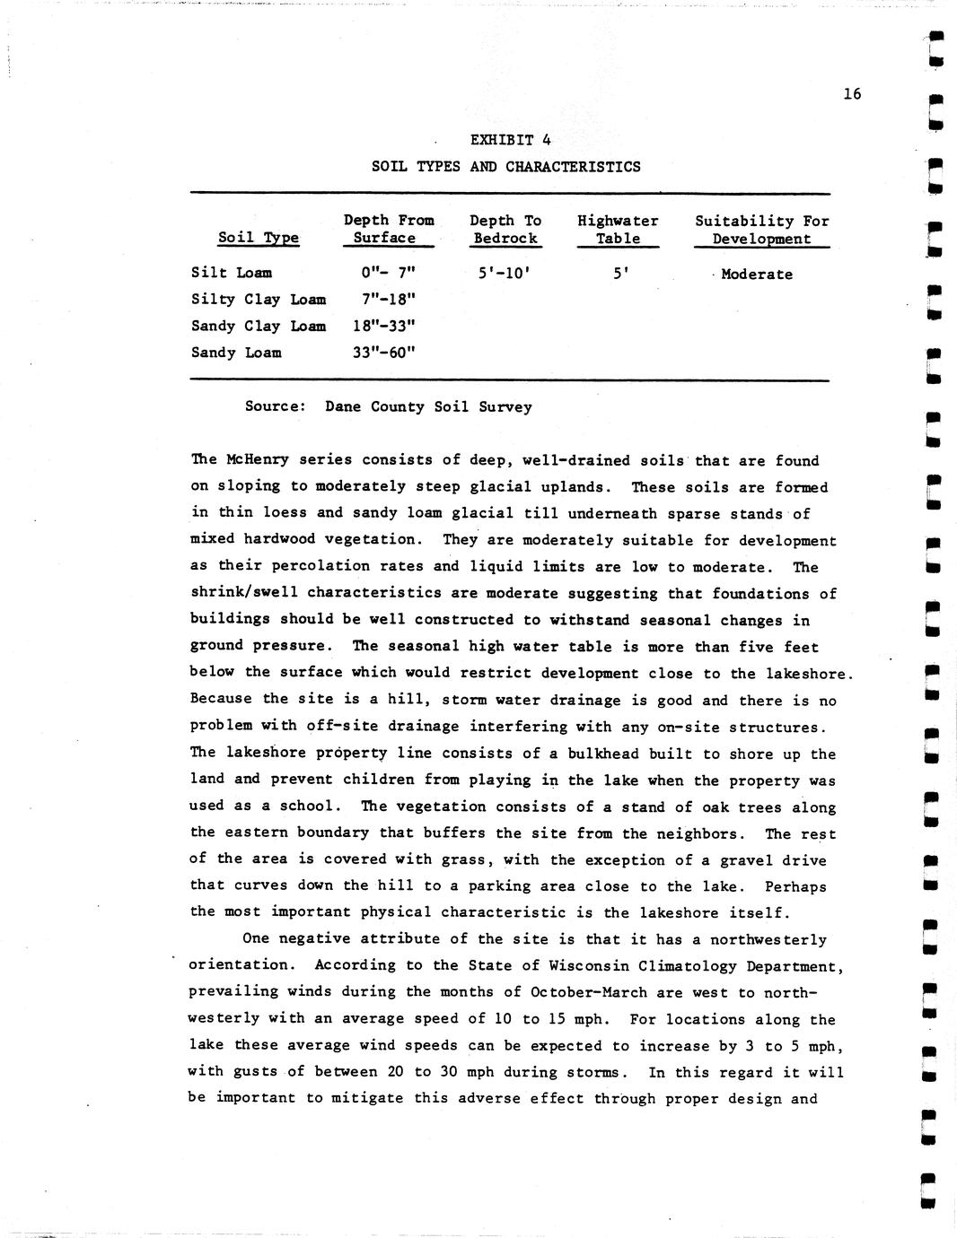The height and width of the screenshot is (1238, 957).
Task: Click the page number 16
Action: pyautogui.click(x=852, y=93)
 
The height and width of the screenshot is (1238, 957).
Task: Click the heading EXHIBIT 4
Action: pyautogui.click(x=510, y=140)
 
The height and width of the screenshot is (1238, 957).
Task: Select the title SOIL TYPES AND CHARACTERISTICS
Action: pyautogui.click(x=505, y=167)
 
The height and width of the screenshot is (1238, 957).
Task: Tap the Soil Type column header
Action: pyautogui.click(x=258, y=238)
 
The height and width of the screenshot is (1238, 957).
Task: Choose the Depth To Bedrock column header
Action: pyautogui.click(x=505, y=230)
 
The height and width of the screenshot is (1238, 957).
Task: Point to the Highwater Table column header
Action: pyautogui.click(x=618, y=230)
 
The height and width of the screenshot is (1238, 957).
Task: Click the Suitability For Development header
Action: pyautogui.click(x=761, y=230)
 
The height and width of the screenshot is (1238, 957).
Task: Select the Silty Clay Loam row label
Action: pyautogui.click(x=258, y=300)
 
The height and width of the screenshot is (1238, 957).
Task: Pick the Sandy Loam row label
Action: pyautogui.click(x=235, y=353)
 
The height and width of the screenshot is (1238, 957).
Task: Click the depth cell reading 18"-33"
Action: pyautogui.click(x=384, y=327)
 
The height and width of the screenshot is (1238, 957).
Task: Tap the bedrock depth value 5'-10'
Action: pyautogui.click(x=505, y=273)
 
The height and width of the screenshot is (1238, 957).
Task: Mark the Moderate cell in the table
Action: pyautogui.click(x=756, y=275)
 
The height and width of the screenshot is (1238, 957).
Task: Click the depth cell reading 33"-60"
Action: pyautogui.click(x=384, y=353)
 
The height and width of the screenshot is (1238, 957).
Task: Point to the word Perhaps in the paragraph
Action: pyautogui.click(x=795, y=886)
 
